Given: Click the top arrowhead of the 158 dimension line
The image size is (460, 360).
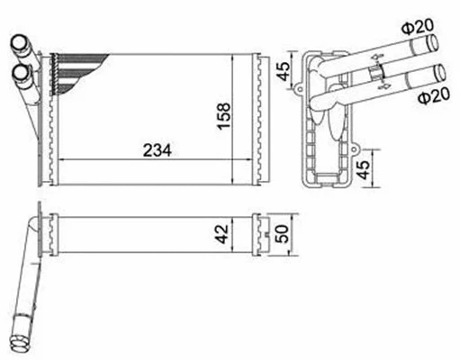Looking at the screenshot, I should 235,57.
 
